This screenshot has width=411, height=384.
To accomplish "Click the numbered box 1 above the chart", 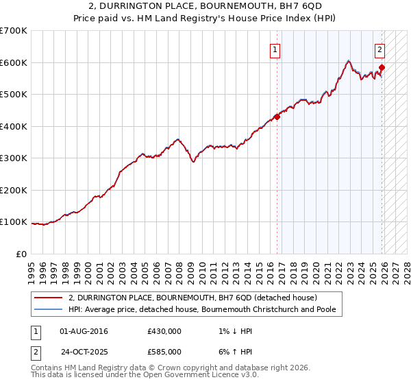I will [x=275, y=49].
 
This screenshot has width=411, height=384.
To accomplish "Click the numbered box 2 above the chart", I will [x=379, y=49].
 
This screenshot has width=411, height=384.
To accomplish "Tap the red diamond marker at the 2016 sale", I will [x=277, y=117].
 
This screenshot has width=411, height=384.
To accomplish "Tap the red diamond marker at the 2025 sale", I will [x=382, y=67].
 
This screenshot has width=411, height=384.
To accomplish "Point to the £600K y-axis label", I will [x=14, y=62].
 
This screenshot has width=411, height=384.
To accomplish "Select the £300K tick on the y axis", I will [x=14, y=158].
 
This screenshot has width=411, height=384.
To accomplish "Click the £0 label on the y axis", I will [x=21, y=254].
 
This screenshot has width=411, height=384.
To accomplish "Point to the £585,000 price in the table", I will [x=164, y=352].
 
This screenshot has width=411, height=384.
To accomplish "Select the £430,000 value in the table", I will [x=164, y=331].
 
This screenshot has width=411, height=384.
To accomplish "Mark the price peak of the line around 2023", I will [x=349, y=61].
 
